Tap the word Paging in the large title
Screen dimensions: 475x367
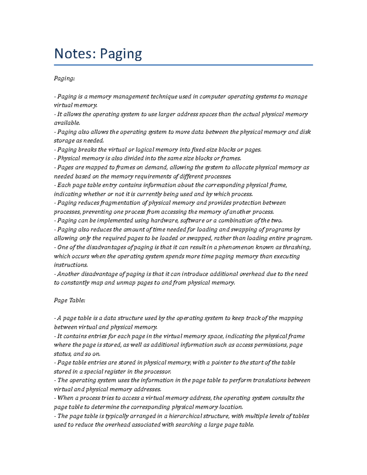click(x=121, y=54)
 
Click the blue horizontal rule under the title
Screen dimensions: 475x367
click(x=183, y=65)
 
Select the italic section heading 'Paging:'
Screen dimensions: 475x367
click(x=64, y=79)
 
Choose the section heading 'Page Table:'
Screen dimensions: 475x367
click(x=69, y=300)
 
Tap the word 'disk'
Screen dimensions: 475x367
click(x=305, y=132)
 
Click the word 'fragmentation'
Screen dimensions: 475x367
click(x=120, y=203)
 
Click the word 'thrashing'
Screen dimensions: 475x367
click(x=297, y=247)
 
